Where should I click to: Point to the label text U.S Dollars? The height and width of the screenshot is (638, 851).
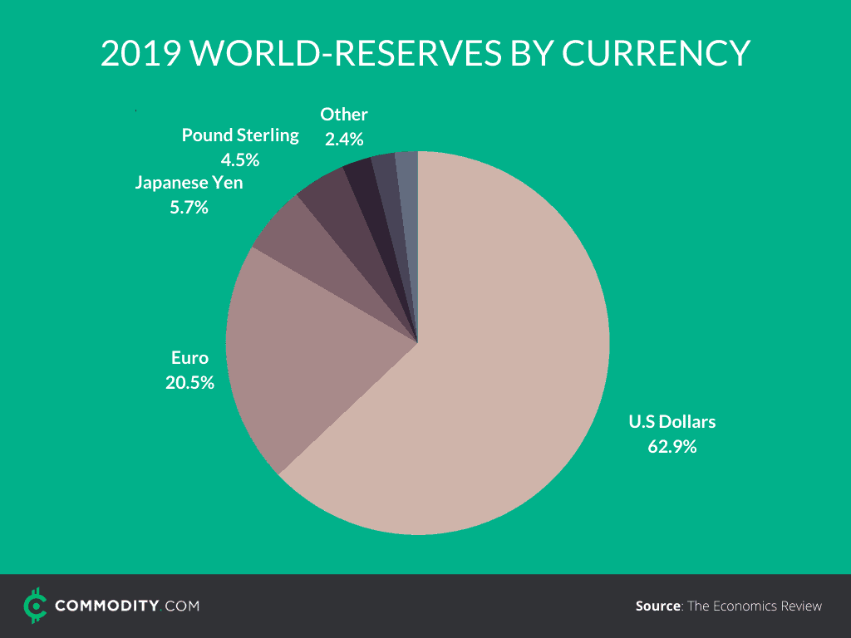point(671,422)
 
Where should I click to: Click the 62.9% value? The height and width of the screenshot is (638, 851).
point(671,447)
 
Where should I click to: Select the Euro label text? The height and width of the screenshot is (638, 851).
point(189,358)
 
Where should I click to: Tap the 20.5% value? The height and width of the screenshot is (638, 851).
point(189,383)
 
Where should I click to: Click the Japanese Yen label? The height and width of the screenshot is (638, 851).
point(189,183)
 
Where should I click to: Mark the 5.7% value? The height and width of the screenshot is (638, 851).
point(189,208)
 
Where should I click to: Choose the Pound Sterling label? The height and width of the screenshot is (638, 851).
point(240,135)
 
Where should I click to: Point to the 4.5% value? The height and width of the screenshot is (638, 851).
point(240,159)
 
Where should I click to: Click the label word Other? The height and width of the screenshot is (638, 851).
point(344,115)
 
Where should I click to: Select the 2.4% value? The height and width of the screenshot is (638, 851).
point(344,140)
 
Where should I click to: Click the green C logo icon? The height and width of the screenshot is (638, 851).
point(34,606)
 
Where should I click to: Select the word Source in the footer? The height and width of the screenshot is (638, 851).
point(657,606)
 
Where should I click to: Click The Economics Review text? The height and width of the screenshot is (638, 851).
point(755,606)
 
